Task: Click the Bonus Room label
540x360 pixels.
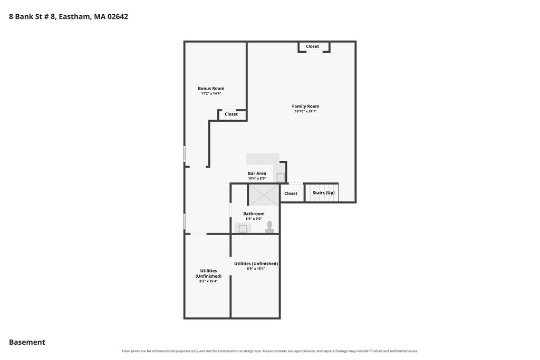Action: [211, 89]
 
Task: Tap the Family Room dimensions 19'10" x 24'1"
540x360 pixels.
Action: [305, 111]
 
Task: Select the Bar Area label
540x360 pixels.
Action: [257, 173]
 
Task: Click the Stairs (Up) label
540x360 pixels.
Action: [323, 193]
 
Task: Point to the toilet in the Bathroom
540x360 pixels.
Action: [269, 227]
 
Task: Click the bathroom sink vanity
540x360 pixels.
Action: [243, 228]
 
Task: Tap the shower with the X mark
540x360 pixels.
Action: [264, 195]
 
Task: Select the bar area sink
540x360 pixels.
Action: [281, 178]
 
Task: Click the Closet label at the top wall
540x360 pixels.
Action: [312, 46]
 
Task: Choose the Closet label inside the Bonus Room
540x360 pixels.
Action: [231, 114]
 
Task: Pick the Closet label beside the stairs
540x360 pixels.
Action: [291, 193]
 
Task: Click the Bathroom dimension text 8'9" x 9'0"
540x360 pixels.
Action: [254, 219]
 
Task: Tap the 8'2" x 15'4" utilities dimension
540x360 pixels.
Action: [208, 281]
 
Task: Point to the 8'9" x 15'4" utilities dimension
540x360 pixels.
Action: [256, 269]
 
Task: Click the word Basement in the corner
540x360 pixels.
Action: [27, 342]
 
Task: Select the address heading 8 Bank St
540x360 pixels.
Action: [69, 16]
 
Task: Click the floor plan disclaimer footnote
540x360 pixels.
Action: [270, 351]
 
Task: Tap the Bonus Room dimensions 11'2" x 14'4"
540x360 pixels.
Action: [211, 93]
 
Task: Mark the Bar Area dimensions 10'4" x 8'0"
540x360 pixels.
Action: [257, 178]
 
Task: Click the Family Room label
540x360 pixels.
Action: [305, 106]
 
